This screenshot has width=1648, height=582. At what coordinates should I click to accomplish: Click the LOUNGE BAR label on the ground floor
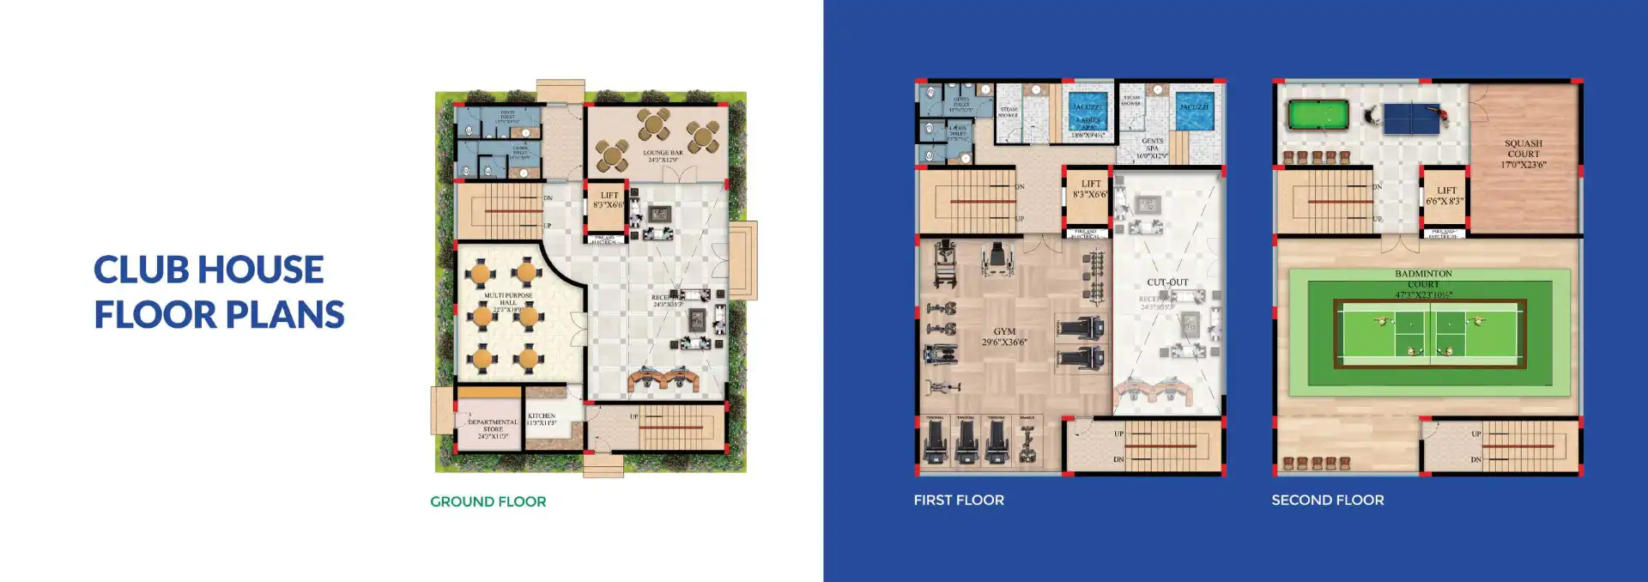663,156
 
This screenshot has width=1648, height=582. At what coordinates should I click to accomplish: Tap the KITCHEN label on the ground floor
542,419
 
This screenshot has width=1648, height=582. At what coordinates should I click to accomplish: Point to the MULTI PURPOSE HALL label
508,301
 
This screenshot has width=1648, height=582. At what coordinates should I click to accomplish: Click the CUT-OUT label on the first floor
1167,282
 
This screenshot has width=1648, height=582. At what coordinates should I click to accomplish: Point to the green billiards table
1318,115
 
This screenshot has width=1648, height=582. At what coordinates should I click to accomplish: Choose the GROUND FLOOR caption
488,501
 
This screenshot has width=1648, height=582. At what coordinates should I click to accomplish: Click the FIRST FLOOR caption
959,500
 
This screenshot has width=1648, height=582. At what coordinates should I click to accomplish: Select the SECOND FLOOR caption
1327,500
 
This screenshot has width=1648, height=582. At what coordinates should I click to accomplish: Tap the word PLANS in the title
283,315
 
